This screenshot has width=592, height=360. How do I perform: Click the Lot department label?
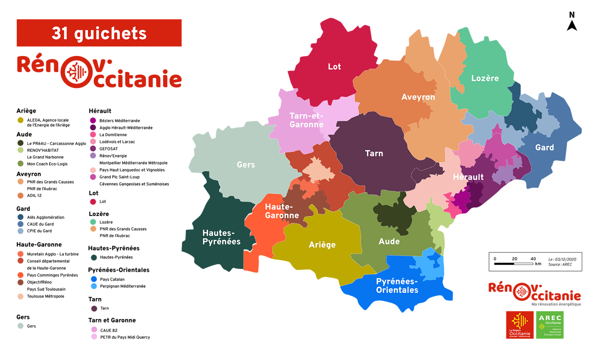[334, 67]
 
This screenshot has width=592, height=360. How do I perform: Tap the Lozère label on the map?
[485, 78]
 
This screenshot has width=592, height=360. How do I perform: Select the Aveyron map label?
[418, 97]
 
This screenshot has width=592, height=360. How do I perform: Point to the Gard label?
[544, 148]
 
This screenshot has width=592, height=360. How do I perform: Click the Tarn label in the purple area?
[374, 154]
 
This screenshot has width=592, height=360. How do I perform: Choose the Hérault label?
[468, 177]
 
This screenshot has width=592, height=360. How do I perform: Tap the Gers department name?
[246, 165]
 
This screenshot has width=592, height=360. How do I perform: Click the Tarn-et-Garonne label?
[306, 120]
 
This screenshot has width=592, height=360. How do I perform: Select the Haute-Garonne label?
[282, 211]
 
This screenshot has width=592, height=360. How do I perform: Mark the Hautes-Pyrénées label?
[221, 237]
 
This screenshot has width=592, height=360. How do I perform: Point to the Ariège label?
[322, 245]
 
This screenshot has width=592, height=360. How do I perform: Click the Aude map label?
[389, 242]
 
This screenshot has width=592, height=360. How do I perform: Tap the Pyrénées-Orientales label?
[397, 285]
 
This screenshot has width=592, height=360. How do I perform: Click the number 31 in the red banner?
[62, 33]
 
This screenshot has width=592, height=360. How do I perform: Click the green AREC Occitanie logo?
[550, 325]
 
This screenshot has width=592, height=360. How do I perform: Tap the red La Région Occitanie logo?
[520, 325]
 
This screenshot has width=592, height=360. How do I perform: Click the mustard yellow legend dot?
[20, 120]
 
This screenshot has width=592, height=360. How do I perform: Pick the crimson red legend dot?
[93, 202]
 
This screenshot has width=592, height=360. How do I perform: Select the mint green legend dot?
[93, 222]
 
